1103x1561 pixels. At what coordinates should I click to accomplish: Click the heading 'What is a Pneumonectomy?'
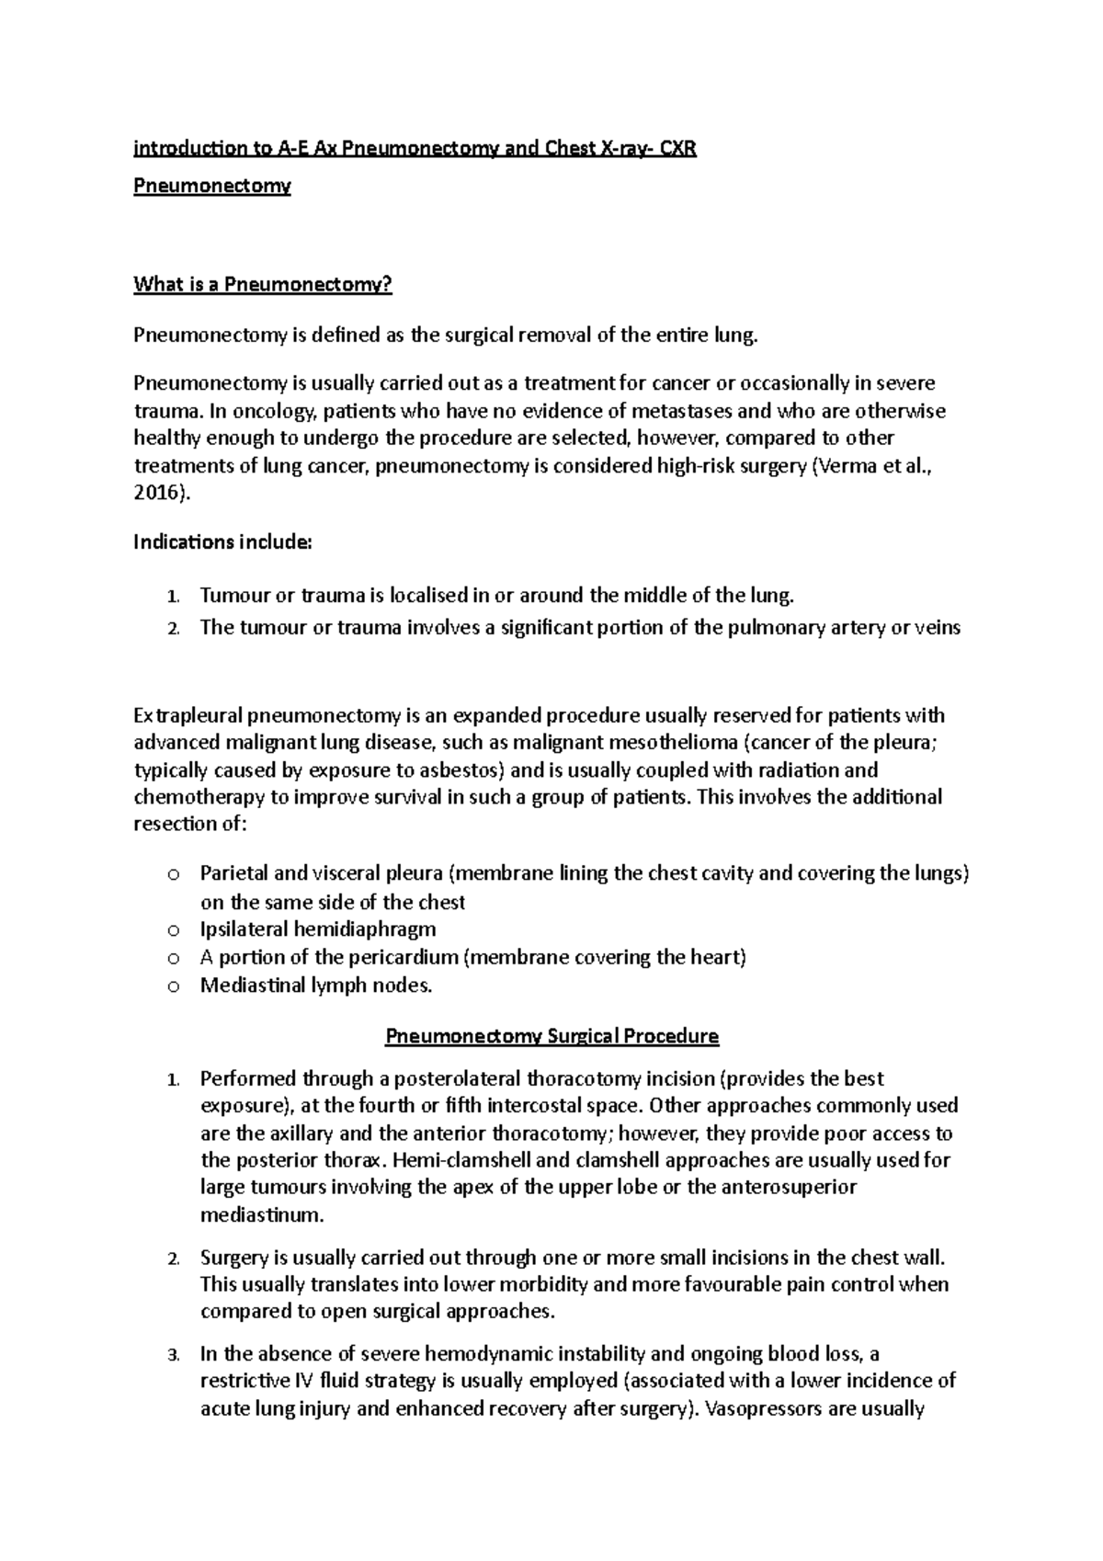263,285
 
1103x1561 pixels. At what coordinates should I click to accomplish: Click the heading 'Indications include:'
223,542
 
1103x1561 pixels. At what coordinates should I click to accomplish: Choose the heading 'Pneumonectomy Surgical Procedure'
551,1036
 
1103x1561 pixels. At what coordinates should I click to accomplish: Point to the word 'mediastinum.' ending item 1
262,1215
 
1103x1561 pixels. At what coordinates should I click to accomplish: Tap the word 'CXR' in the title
676,149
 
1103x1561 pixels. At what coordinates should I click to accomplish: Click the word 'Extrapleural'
189,715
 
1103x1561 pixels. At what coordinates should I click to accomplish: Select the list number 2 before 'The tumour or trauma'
173,629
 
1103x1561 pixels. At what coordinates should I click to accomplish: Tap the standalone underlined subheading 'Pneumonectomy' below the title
212,186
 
